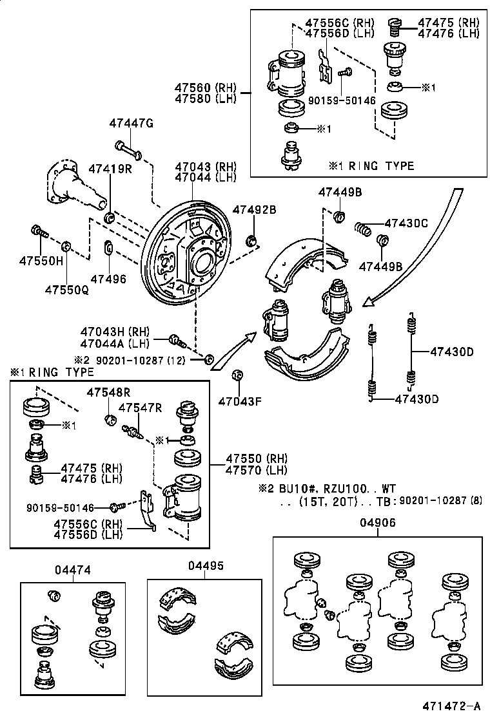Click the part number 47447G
pyautogui.click(x=131, y=124)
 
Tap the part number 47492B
pyautogui.click(x=254, y=209)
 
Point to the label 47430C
pyautogui.click(x=406, y=223)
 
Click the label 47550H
pyautogui.click(x=41, y=261)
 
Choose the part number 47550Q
pyautogui.click(x=66, y=289)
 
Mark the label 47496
pyautogui.click(x=108, y=279)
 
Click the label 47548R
pyautogui.click(x=109, y=391)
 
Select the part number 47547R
pyautogui.click(x=140, y=408)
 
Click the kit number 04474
pyautogui.click(x=72, y=569)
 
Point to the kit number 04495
pyautogui.click(x=206, y=565)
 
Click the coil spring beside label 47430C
pyautogui.click(x=365, y=228)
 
